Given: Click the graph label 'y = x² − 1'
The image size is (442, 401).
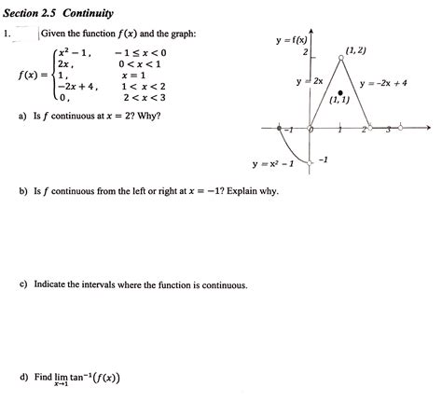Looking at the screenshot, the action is coord(273,165).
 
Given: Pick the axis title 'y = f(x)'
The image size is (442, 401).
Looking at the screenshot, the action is coord(292,41).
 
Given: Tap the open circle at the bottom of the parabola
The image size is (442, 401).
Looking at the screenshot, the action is coord(311,162).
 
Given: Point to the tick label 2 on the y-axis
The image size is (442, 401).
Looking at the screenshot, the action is coord(304,52).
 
